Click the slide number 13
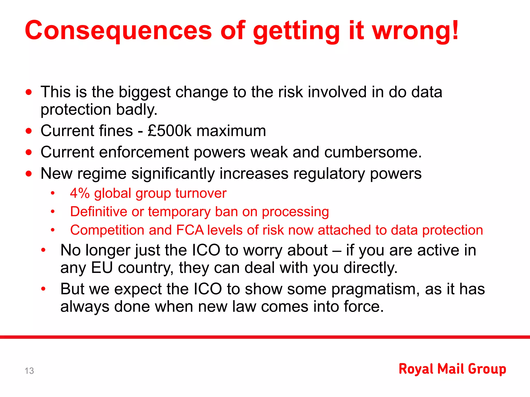coord(29,371)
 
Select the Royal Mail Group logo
coord(452,369)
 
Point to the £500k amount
coord(170,131)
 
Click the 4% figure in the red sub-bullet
coord(80,193)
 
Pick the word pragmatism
coord(376,289)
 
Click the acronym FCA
coord(190,230)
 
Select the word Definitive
coord(98,212)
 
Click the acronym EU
coord(102,268)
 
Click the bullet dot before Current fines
coord(29,131)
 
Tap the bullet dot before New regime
coord(29,173)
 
